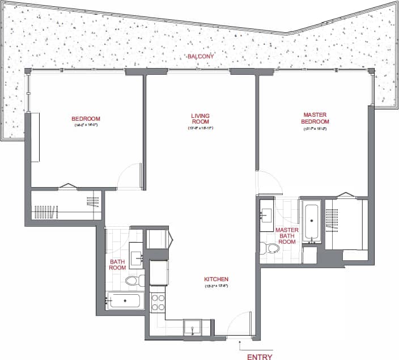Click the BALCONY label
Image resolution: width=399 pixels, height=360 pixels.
click(x=199, y=57)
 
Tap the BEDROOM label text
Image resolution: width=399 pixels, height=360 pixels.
click(x=86, y=119)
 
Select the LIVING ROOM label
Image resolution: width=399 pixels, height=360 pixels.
click(x=200, y=118)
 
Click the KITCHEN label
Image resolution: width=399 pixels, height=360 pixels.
click(x=216, y=279)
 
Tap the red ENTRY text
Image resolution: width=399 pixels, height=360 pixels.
click(x=260, y=357)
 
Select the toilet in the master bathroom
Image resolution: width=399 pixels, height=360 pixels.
click(x=270, y=248)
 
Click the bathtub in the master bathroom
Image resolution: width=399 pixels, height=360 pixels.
click(x=312, y=221)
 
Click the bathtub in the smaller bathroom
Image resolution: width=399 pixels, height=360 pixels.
click(x=125, y=299)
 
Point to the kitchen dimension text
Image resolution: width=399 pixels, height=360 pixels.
click(x=216, y=286)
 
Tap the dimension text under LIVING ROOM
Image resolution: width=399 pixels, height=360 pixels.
click(x=200, y=129)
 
